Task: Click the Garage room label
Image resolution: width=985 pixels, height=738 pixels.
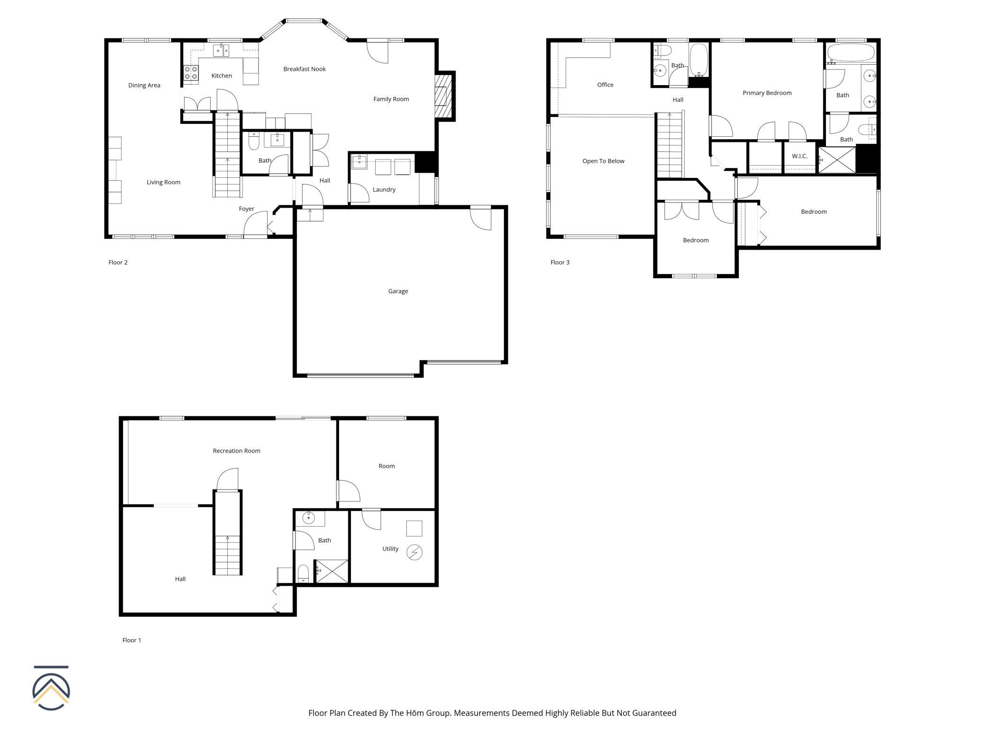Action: tap(398, 291)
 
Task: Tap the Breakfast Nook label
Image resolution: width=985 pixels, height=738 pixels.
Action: tap(304, 69)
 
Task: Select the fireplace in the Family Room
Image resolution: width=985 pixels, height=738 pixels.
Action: tap(444, 97)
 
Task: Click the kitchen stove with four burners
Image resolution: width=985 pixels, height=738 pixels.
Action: tap(191, 73)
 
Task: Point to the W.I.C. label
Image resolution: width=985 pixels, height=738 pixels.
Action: tap(800, 156)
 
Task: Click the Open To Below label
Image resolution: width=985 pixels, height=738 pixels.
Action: tap(603, 161)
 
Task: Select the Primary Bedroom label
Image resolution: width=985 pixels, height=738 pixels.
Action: tap(767, 93)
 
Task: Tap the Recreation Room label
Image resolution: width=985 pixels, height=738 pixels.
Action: tap(237, 451)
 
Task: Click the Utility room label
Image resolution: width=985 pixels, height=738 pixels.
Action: tap(390, 549)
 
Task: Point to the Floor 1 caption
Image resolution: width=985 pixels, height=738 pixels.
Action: tap(132, 640)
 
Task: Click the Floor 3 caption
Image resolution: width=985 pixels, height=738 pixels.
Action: tap(560, 263)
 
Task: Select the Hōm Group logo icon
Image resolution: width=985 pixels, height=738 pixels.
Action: tap(51, 688)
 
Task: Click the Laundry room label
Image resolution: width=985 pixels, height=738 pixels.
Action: tap(384, 190)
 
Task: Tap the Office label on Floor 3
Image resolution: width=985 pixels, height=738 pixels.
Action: tap(605, 85)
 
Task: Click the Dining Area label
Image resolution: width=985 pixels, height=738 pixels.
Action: tap(144, 86)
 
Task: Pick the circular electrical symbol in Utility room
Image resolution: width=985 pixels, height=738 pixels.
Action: tap(414, 553)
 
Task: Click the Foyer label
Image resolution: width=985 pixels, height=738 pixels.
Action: tap(247, 209)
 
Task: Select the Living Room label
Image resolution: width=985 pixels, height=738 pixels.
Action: tap(163, 182)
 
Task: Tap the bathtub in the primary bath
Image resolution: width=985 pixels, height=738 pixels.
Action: tap(851, 53)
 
